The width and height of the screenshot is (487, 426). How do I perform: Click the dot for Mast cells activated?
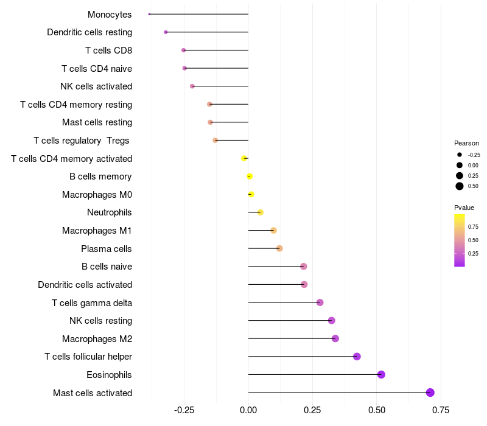pyautogui.click(x=430, y=393)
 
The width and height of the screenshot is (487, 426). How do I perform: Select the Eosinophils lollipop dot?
pyautogui.click(x=381, y=374)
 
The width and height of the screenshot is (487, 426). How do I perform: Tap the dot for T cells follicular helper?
pyautogui.click(x=357, y=357)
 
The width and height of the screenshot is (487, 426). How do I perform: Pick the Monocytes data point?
pyautogui.click(x=149, y=14)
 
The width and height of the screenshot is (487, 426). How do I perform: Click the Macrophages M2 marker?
pyautogui.click(x=335, y=338)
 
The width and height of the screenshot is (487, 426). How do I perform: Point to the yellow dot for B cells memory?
pyautogui.click(x=250, y=176)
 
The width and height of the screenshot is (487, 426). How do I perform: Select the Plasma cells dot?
pyautogui.click(x=279, y=248)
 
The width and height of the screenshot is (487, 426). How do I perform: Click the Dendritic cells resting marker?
pyautogui.click(x=166, y=32)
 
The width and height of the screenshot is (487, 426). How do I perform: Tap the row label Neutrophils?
pyautogui.click(x=110, y=212)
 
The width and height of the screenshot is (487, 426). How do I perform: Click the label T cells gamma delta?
pyautogui.click(x=92, y=302)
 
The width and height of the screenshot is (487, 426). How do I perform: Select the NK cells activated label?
pyautogui.click(x=96, y=86)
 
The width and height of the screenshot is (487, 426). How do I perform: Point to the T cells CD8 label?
pyautogui.click(x=109, y=51)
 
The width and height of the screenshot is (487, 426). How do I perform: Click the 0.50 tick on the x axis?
pyautogui.click(x=377, y=411)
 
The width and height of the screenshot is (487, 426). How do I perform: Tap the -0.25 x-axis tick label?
pyautogui.click(x=184, y=411)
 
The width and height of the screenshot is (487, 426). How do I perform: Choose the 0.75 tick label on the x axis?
pyautogui.click(x=441, y=411)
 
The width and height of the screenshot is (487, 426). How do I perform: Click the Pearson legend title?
pyautogui.click(x=466, y=143)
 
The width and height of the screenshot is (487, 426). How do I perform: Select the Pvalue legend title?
pyautogui.click(x=464, y=208)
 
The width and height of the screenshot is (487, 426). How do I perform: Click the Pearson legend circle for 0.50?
pyautogui.click(x=460, y=186)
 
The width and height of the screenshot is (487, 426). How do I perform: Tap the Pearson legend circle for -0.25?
pyautogui.click(x=460, y=155)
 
